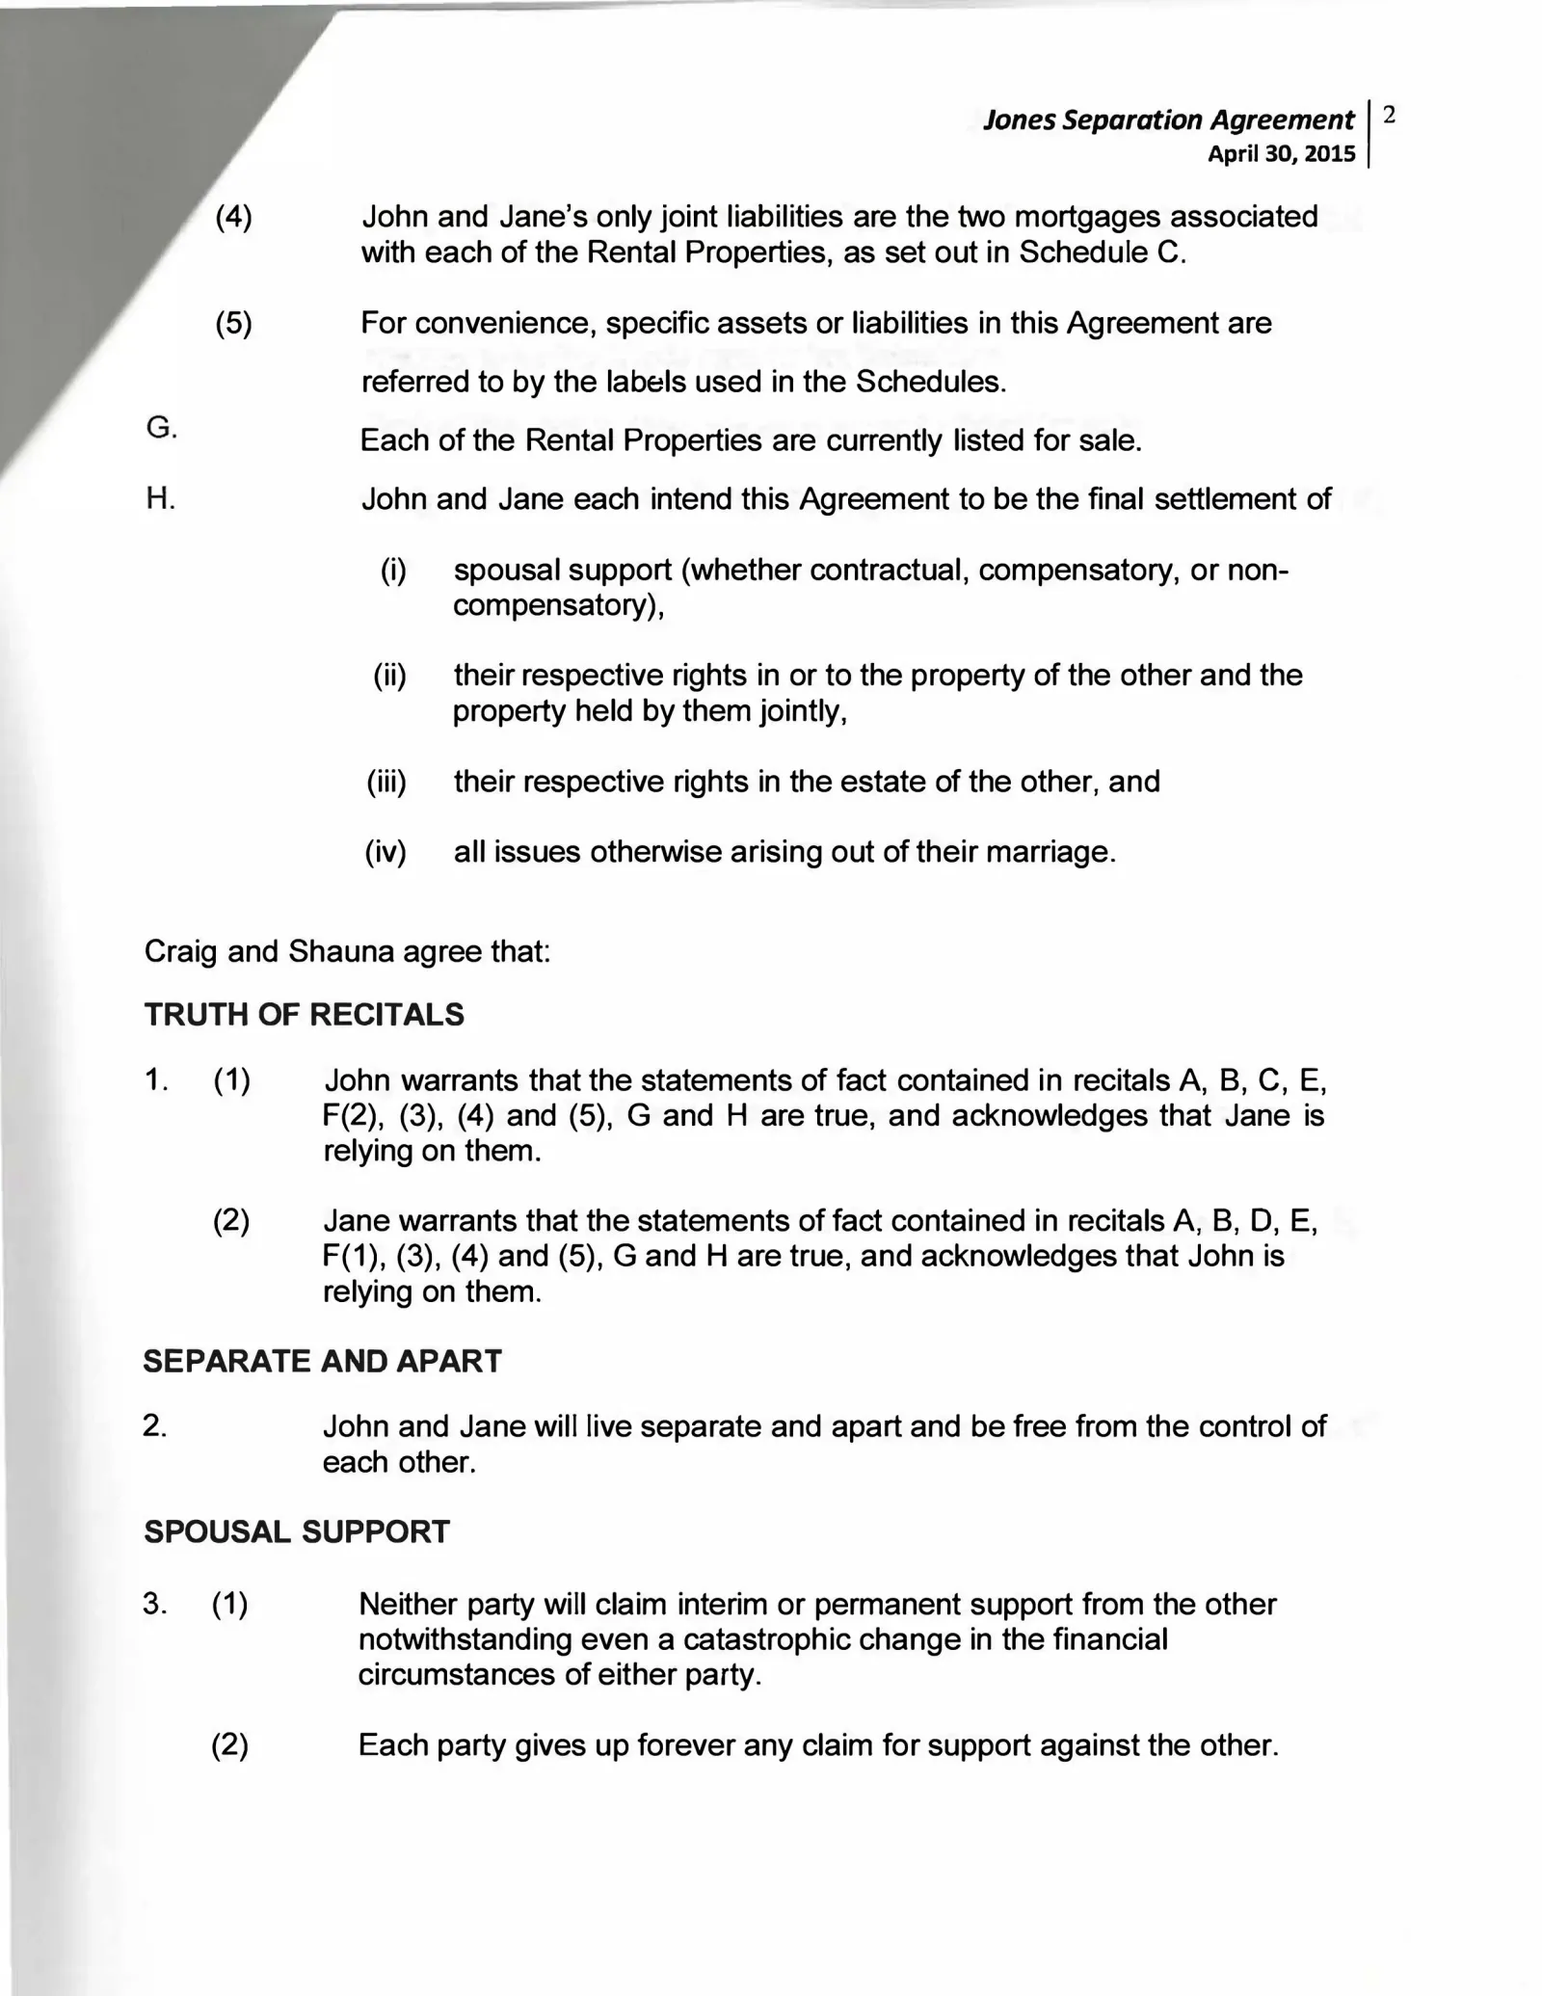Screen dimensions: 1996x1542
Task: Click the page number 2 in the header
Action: point(1389,116)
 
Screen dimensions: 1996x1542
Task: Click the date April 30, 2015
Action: point(1281,154)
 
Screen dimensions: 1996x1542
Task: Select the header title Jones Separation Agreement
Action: point(1168,120)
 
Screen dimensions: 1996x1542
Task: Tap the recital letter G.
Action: point(161,428)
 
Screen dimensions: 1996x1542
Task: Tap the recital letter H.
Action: point(160,499)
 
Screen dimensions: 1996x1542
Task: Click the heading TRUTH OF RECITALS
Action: point(304,1015)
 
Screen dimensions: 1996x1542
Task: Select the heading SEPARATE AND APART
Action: point(322,1361)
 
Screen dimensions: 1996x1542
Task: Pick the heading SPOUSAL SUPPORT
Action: point(296,1532)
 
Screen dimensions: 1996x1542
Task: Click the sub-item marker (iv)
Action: point(385,852)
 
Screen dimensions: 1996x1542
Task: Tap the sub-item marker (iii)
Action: point(386,781)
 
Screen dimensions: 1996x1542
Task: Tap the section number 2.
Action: point(154,1426)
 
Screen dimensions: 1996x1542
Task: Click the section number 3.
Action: point(154,1604)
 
